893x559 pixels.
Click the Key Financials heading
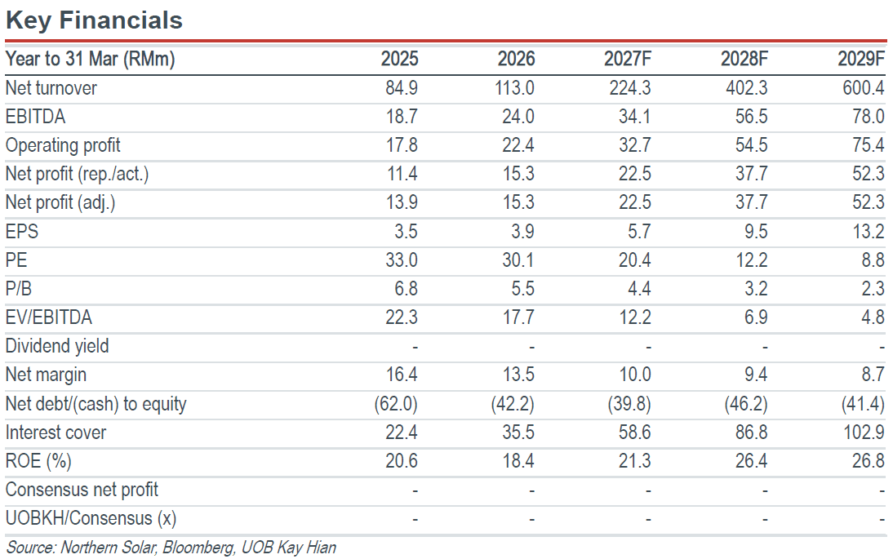click(94, 20)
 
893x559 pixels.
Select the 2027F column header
click(627, 59)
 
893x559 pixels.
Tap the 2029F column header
click(861, 59)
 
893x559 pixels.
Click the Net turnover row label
click(51, 88)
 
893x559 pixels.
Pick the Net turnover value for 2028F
click(747, 88)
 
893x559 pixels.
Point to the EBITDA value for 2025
click(402, 117)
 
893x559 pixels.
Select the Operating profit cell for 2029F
click(869, 145)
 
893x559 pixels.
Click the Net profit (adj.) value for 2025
click(402, 202)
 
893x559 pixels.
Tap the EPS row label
click(22, 232)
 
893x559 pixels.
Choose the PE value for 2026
click(518, 260)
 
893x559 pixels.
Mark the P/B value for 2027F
click(640, 289)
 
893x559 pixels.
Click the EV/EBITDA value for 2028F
click(756, 317)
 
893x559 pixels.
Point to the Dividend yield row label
click(57, 346)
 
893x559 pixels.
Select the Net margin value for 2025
click(402, 375)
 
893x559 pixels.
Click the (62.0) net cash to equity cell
click(396, 404)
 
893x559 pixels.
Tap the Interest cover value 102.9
click(864, 433)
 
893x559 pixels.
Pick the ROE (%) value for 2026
click(518, 461)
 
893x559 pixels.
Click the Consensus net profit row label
click(82, 490)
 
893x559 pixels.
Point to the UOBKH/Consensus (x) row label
click(91, 518)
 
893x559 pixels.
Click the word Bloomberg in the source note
click(198, 548)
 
